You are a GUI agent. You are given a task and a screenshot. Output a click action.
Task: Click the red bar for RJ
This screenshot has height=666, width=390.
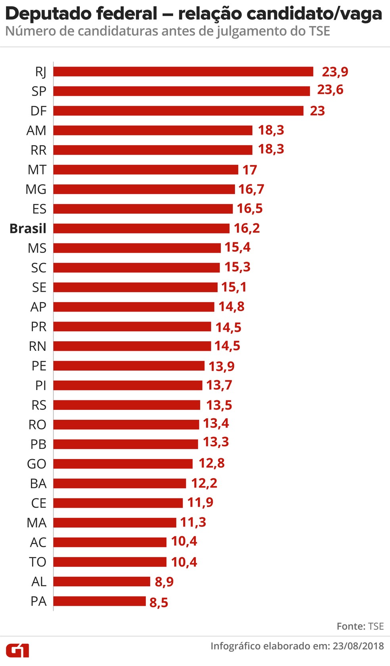183,71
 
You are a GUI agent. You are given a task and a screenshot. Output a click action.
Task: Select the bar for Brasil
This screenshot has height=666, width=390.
141,228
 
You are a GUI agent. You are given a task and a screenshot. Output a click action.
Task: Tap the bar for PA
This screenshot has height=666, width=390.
99,601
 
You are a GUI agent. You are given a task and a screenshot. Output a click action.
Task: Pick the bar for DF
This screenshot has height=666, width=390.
178,111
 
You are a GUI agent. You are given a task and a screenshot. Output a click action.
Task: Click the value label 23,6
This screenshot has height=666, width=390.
330,90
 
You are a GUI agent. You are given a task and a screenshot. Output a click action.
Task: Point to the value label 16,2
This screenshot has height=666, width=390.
247,228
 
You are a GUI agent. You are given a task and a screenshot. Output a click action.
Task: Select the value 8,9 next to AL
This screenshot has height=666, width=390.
164,582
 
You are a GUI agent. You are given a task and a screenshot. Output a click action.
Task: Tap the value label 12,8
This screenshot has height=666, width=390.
212,463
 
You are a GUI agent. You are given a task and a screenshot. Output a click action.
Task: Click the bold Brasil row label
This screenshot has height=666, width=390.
28,229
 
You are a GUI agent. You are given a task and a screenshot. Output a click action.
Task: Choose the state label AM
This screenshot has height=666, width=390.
36,130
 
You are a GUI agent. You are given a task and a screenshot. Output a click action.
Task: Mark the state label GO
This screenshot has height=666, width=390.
36,464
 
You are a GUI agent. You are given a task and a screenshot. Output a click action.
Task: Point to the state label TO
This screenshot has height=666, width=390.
38,562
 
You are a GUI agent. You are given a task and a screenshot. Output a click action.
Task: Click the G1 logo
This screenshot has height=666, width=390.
17,651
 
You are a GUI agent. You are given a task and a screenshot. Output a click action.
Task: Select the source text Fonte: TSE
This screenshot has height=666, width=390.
360,626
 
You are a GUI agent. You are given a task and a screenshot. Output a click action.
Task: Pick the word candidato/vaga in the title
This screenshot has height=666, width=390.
314,14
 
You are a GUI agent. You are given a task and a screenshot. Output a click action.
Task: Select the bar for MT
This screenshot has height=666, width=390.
146,170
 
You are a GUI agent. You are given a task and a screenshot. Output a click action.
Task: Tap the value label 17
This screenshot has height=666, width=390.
250,170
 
